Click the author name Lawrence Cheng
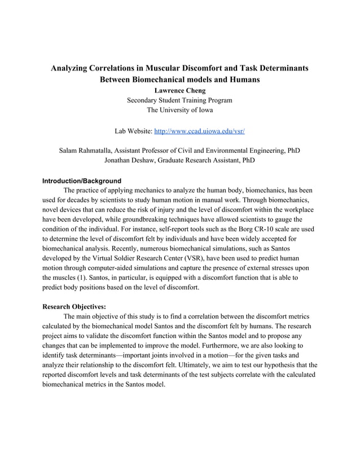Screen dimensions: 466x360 [x=179, y=90]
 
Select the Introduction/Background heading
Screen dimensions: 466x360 [x=82, y=181]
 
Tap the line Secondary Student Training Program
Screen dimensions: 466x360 [x=179, y=100]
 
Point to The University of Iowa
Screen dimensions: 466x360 [x=179, y=110]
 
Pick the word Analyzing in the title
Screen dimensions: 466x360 [x=73, y=68]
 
